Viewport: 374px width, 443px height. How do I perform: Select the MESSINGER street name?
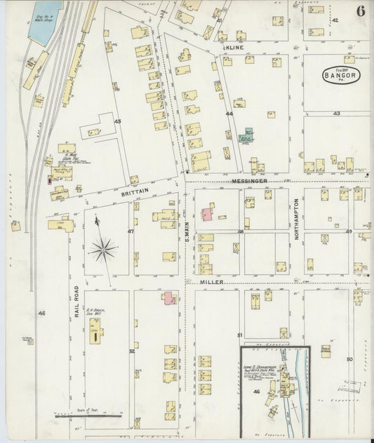click(251, 180)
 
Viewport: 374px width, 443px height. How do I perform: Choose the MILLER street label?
click(211, 282)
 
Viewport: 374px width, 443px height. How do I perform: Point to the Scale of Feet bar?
click(88, 416)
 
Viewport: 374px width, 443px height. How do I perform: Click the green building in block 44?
click(246, 135)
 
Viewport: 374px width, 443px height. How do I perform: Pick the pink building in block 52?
click(169, 299)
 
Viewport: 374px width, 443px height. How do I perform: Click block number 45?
click(118, 121)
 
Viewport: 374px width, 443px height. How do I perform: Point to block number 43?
click(336, 113)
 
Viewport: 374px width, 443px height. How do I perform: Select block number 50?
click(349, 359)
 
